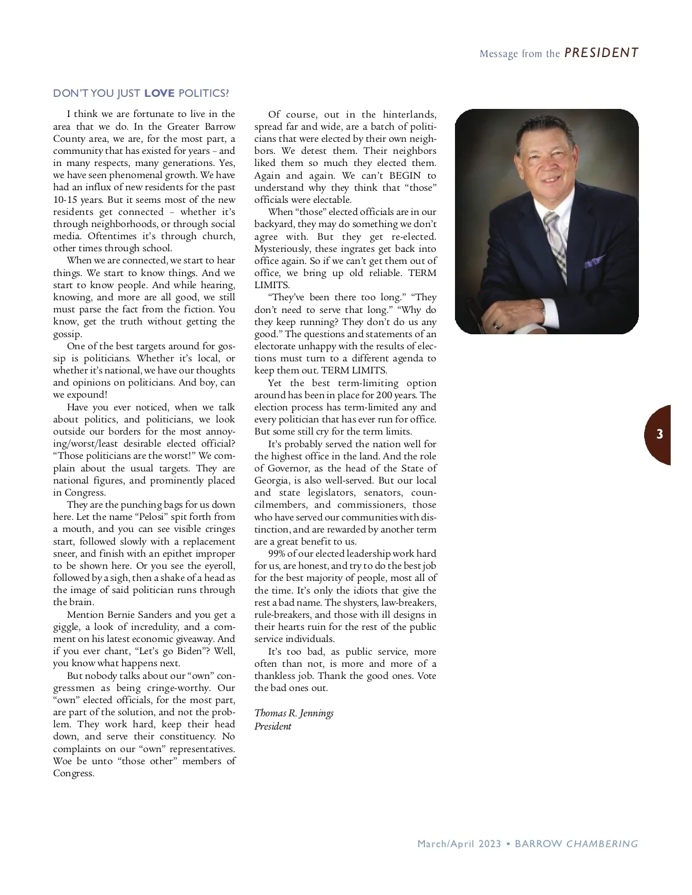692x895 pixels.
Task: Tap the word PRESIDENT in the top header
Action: pyautogui.click(x=601, y=53)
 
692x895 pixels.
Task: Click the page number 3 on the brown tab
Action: pyautogui.click(x=660, y=435)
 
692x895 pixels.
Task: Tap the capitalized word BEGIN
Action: pyautogui.click(x=406, y=175)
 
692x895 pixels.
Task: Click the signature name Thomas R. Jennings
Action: pyautogui.click(x=294, y=713)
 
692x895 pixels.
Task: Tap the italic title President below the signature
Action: pyautogui.click(x=273, y=726)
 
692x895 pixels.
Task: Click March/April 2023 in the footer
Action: pyautogui.click(x=458, y=844)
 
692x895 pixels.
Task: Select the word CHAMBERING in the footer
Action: pyautogui.click(x=602, y=844)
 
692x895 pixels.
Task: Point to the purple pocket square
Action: pyautogui.click(x=594, y=262)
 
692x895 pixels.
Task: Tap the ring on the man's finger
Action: pyautogui.click(x=497, y=326)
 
